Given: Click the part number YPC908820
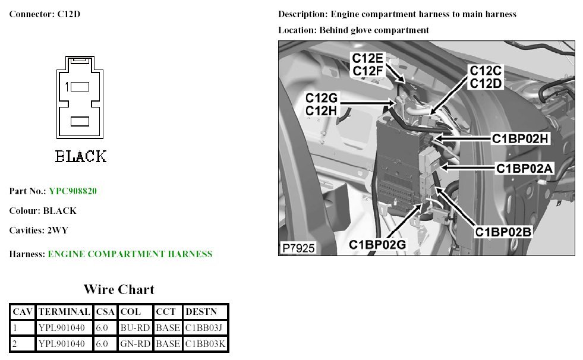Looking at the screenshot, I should coord(73,191).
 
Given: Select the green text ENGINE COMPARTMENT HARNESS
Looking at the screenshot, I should coord(130,254).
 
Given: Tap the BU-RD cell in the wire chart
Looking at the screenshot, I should coord(135,327).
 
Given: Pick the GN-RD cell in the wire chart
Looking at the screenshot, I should coord(135,343).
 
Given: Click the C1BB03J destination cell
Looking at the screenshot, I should coord(205,327).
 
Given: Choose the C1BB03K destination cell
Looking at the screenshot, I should coord(205,343).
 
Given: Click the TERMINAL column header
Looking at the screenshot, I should coord(64,311).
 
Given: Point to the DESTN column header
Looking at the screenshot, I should coord(201,311).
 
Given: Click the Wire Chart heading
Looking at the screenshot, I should coord(119,290).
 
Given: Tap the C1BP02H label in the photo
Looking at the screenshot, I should coord(519,138).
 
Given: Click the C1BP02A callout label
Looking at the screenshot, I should coord(525,169).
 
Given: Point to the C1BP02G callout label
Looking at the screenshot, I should coord(377,244).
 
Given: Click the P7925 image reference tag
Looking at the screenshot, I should coord(298,248).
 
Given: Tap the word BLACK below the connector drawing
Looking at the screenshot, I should coord(81,157).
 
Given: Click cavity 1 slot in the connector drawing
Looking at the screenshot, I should coord(80,87).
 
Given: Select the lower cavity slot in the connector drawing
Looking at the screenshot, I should coord(80,121).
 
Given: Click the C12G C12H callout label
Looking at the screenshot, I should coord(322,104).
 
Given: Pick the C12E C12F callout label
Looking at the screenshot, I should coord(367,65).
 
